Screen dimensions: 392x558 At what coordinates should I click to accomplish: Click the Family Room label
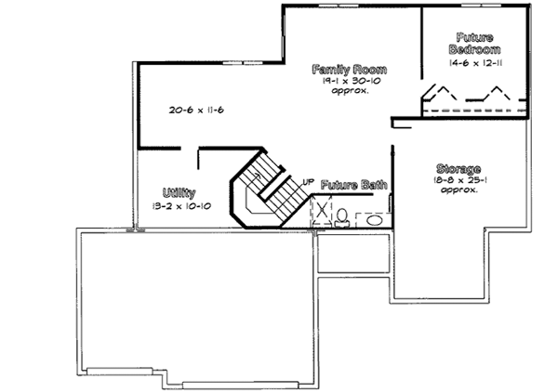[350, 71]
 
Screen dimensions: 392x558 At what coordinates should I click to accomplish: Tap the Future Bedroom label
[474, 42]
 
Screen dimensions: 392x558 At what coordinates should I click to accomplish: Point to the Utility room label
[178, 192]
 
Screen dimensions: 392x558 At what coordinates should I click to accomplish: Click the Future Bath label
[353, 186]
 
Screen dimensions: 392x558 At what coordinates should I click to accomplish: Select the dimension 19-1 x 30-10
[350, 82]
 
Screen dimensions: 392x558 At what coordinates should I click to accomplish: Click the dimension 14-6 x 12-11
[474, 64]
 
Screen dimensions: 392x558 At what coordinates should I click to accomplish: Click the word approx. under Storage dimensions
[459, 190]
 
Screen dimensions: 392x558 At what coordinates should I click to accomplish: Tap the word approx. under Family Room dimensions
[350, 92]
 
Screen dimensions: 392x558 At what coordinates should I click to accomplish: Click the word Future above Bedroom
[474, 35]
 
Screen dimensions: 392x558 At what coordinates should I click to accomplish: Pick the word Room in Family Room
[369, 71]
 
